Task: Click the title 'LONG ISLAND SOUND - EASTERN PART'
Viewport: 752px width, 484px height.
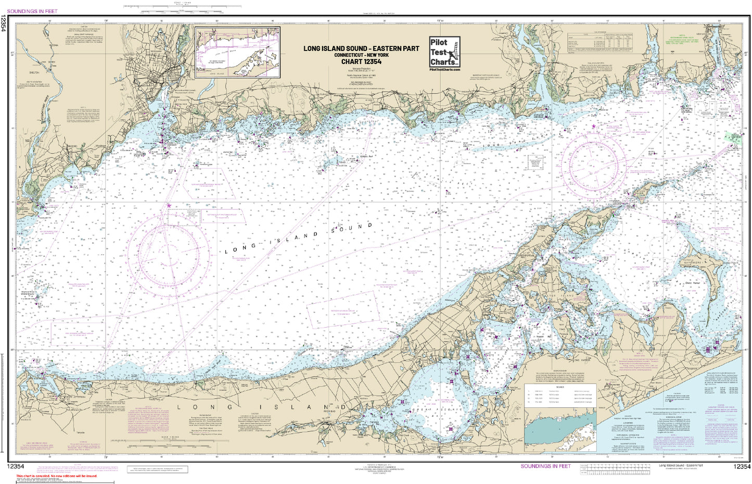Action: point(361,48)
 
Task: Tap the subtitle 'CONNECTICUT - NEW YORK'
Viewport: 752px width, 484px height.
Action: point(361,55)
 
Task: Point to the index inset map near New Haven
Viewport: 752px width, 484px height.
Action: point(237,53)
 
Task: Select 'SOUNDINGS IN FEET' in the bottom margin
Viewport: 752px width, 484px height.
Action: point(545,466)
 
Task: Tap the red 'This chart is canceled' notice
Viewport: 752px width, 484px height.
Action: point(56,476)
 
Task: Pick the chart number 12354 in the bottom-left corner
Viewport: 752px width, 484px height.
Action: point(16,466)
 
